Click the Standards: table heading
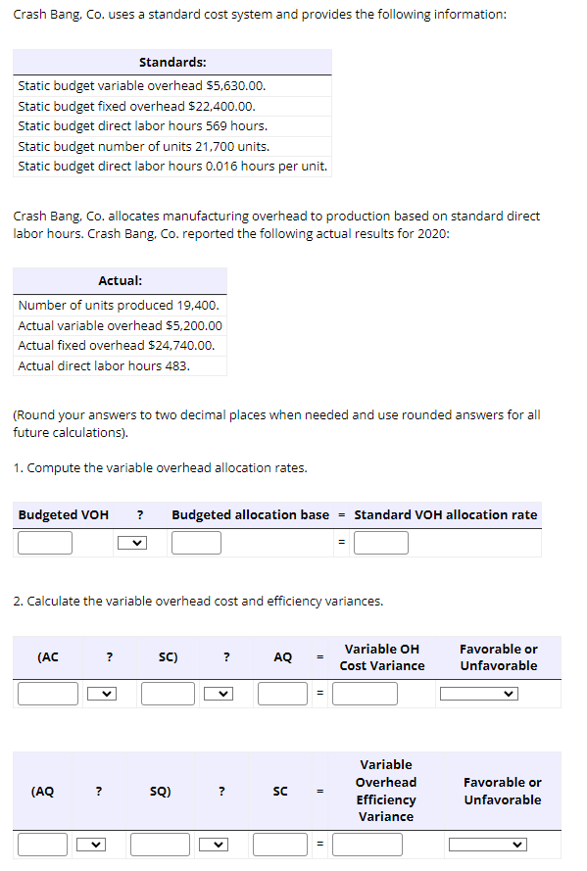coord(172,62)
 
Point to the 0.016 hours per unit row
coord(172,166)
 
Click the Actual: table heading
coord(121,280)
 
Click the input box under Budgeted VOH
coord(45,543)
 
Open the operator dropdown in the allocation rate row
coord(132,543)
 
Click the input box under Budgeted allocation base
coord(196,543)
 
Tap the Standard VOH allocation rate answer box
coord(380,543)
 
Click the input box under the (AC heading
coord(47,694)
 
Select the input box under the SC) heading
coord(168,694)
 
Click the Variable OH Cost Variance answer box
coord(365,694)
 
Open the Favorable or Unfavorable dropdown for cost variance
coord(478,694)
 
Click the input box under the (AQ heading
coord(43,844)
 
